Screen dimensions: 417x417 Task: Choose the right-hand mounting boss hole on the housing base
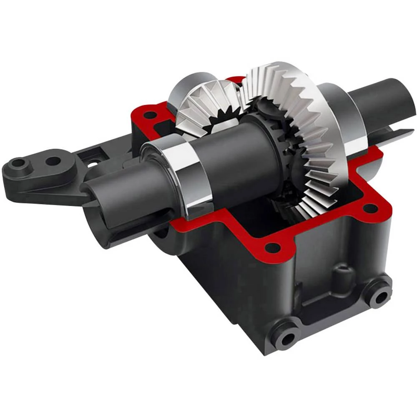(x=381, y=297)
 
